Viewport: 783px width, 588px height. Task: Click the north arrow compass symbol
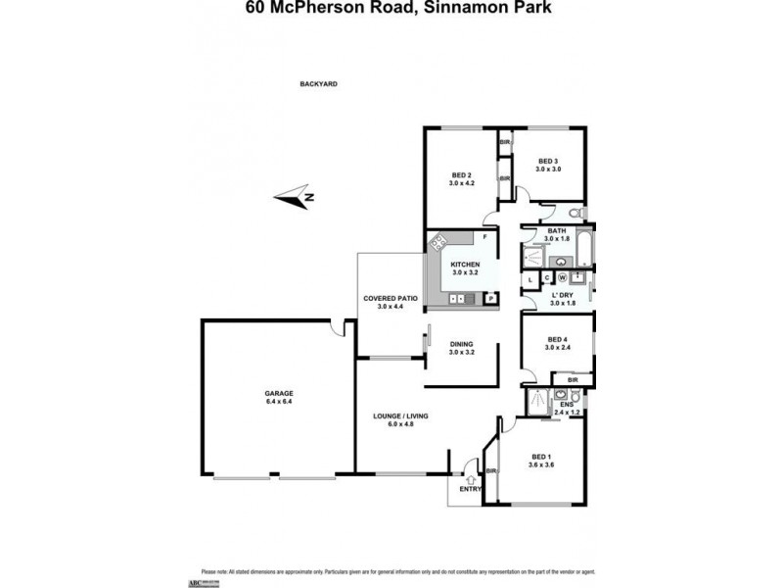[293, 198]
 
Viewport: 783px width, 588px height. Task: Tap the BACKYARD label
[318, 84]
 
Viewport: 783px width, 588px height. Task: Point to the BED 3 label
[547, 162]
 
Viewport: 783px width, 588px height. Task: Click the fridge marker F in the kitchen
[485, 238]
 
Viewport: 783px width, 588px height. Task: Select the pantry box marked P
[489, 298]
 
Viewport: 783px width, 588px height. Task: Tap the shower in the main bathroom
[534, 257]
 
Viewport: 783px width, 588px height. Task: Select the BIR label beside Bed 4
[573, 379]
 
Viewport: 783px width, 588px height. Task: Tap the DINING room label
[461, 344]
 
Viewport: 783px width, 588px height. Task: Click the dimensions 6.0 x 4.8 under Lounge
[401, 425]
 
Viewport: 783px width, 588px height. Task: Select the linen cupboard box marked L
[530, 280]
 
